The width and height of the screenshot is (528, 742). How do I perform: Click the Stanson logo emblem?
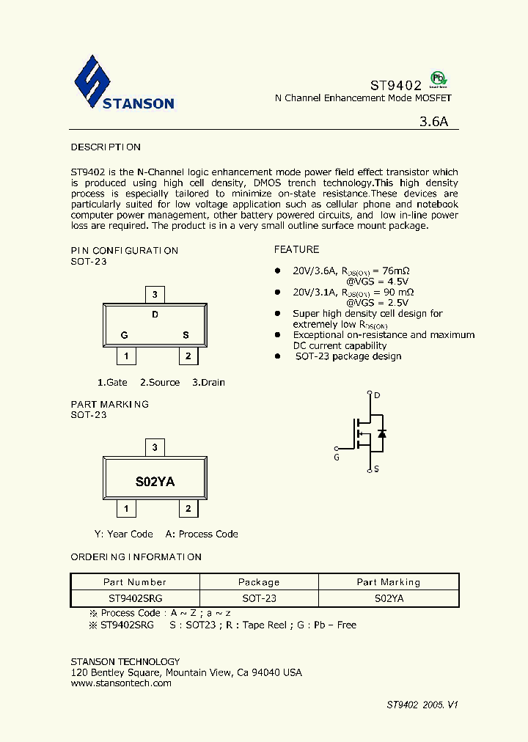[x=92, y=81]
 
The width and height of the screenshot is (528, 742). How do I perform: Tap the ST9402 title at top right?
[x=395, y=85]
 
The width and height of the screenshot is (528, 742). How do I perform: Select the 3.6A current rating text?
[x=433, y=122]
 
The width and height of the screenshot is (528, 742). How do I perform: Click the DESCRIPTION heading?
[x=106, y=147]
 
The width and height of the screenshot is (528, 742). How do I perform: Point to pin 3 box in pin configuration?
[x=154, y=295]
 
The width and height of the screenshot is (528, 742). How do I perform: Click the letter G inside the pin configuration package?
[x=125, y=335]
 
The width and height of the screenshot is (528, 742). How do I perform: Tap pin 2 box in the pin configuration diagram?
[x=188, y=356]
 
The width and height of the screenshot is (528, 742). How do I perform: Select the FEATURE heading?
[x=296, y=249]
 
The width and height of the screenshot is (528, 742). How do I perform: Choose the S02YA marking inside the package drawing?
[x=155, y=482]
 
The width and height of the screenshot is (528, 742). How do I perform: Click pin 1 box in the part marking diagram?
[x=126, y=509]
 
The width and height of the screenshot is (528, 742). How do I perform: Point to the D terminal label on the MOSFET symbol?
[x=378, y=396]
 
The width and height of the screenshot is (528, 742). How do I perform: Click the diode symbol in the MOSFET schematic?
[x=381, y=433]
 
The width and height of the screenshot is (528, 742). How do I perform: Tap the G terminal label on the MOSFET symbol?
[x=337, y=458]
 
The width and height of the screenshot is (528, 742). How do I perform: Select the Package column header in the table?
[x=259, y=581]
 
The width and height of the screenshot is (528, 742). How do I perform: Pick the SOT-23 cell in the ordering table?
[x=259, y=598]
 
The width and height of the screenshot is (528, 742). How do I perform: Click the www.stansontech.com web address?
[x=121, y=683]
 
